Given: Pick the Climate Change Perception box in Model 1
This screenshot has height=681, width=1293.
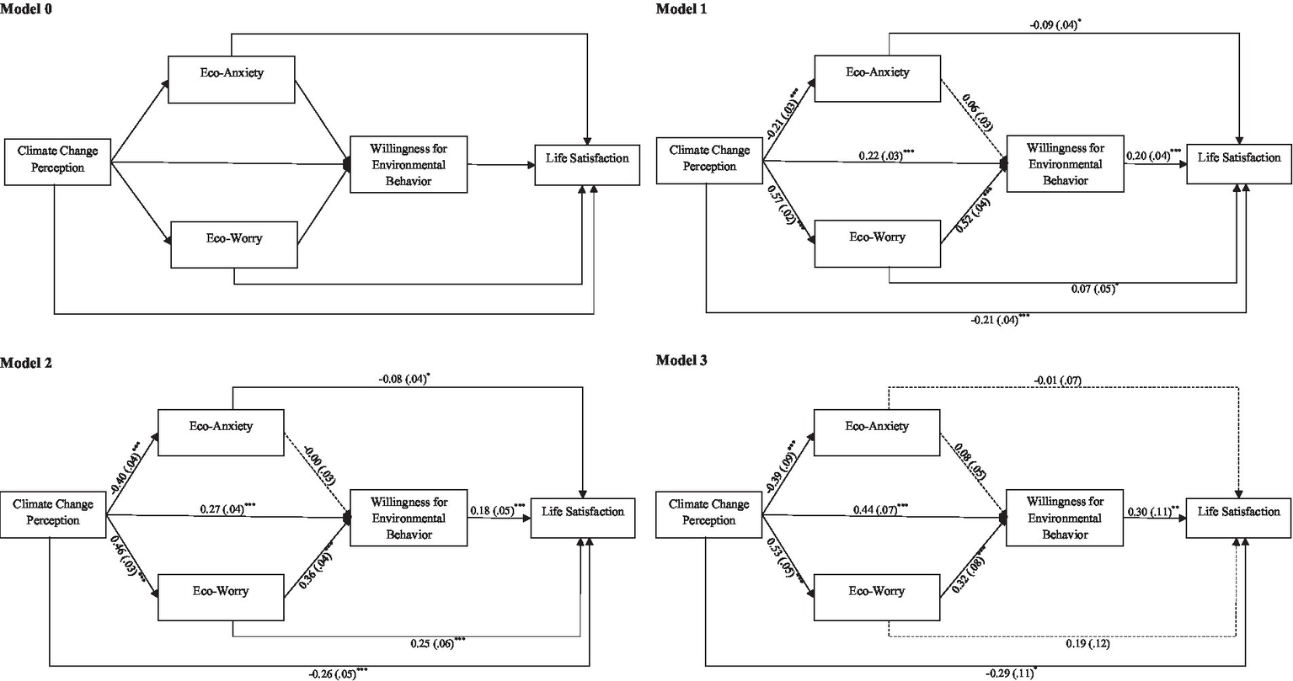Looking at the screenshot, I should click(x=709, y=158).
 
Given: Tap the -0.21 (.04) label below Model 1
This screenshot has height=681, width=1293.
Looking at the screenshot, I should click(x=999, y=320).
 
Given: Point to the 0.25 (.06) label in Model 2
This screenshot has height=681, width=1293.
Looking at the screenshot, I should click(x=435, y=642).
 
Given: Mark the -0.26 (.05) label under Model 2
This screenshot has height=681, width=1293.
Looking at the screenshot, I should click(x=337, y=673).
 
